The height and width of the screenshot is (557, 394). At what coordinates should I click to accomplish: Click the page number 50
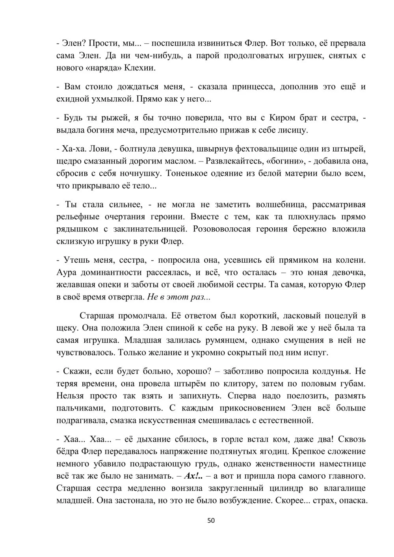click(211, 521)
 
